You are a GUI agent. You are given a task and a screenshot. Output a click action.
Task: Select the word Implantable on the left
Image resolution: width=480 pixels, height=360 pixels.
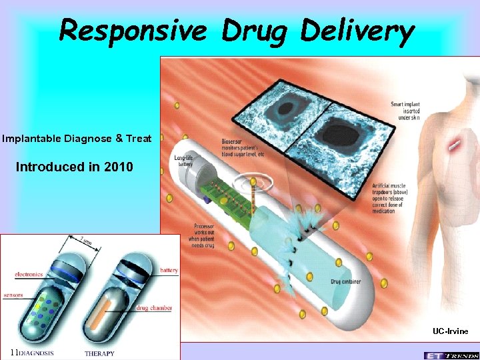tap(31, 139)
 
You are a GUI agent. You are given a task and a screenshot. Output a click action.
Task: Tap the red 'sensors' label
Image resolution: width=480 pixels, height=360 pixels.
tap(13, 294)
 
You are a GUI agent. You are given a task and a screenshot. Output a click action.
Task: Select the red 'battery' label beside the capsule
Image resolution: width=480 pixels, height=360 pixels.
tap(169, 271)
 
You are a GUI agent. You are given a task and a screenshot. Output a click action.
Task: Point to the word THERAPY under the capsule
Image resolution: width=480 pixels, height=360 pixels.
tap(99, 353)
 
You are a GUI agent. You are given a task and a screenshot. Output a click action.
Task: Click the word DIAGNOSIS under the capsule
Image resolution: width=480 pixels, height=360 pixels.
tap(36, 353)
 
